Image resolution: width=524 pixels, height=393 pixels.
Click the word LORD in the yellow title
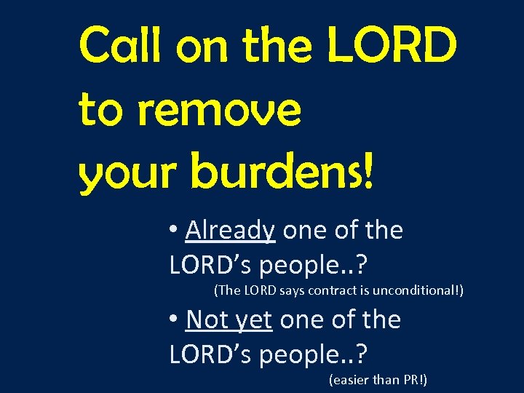[393, 45]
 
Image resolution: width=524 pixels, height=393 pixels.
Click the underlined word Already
[230, 231]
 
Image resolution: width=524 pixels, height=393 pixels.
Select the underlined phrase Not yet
[229, 319]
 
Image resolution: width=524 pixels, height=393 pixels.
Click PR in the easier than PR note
[413, 379]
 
